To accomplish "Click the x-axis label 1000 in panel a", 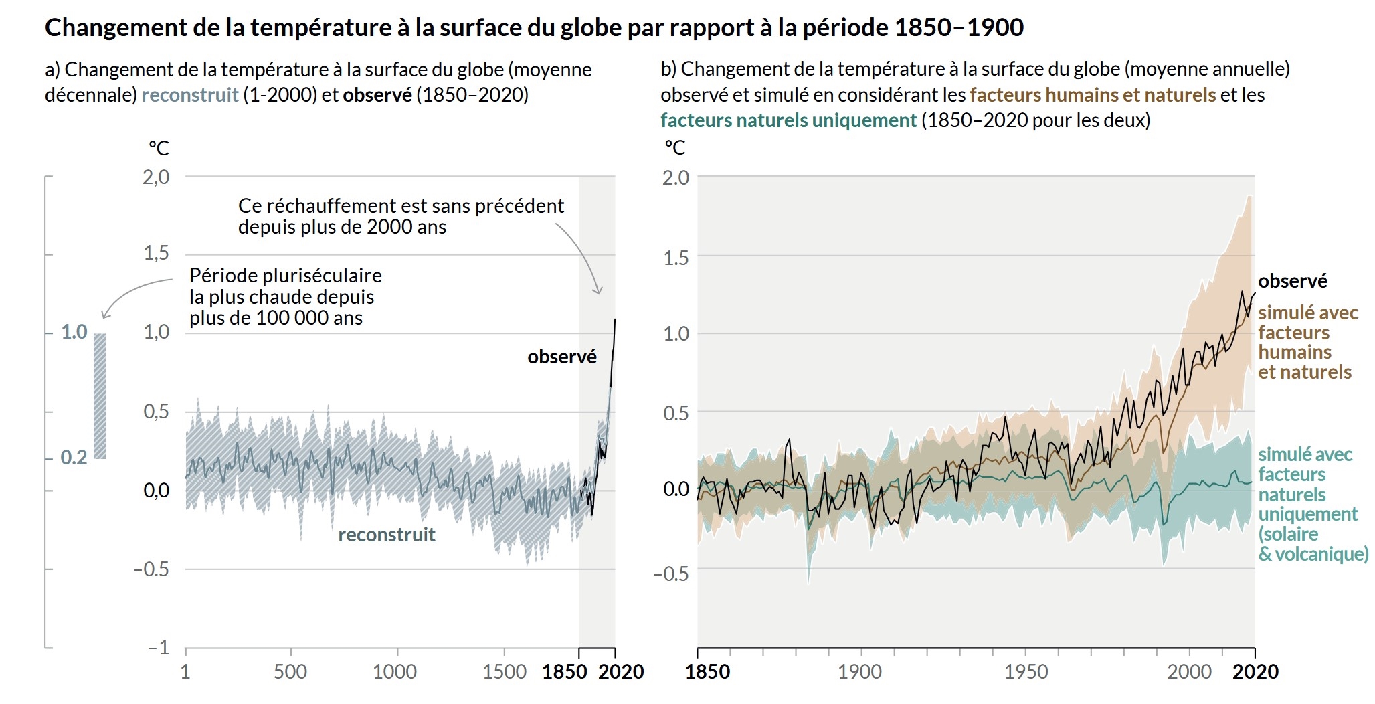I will (x=395, y=671).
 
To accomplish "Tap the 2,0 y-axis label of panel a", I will (x=156, y=177).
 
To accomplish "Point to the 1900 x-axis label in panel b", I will (x=860, y=671).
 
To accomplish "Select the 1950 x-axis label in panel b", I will (x=1026, y=671).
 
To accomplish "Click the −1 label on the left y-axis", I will (x=159, y=648).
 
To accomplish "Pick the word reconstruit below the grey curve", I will (x=387, y=535).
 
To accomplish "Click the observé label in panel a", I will (x=561, y=357).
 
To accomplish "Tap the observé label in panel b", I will (x=1292, y=281).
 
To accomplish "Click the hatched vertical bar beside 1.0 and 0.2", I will (x=100, y=395).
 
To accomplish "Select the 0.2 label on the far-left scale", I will (x=74, y=458).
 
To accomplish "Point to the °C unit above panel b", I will (x=674, y=147).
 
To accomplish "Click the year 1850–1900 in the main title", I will (x=958, y=27).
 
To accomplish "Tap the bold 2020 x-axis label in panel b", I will (x=1255, y=671).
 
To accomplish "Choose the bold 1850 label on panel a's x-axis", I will (x=564, y=671).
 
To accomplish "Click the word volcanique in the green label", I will (x=1321, y=554).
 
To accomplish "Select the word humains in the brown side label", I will (x=1295, y=352).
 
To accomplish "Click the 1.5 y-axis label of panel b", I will (x=676, y=258).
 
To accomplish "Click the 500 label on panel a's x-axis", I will (x=290, y=671).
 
